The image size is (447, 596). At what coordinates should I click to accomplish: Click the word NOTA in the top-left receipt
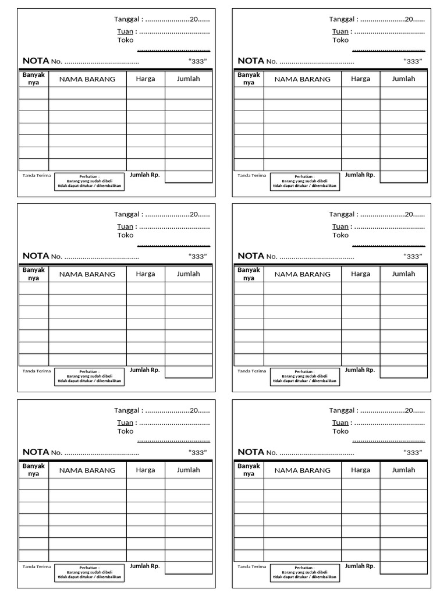click(36, 61)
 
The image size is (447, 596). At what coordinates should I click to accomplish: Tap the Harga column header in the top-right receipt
click(360, 79)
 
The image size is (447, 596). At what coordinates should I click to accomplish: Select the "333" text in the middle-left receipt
click(198, 256)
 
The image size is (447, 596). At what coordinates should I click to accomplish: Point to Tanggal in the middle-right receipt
click(342, 215)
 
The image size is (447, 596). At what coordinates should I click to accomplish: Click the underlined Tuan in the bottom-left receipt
click(125, 423)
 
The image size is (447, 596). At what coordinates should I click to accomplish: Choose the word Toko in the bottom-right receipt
click(340, 431)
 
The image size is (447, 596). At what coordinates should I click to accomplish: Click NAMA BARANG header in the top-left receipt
click(87, 79)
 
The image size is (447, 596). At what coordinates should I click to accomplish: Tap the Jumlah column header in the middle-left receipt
click(189, 274)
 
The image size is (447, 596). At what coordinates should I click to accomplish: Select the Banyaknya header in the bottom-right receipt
click(249, 470)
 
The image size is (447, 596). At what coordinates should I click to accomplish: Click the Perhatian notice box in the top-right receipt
click(305, 182)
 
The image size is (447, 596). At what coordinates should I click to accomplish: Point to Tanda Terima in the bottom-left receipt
click(37, 566)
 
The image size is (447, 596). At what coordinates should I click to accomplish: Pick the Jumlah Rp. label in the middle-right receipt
click(360, 370)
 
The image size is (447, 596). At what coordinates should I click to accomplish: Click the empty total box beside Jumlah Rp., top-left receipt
click(188, 177)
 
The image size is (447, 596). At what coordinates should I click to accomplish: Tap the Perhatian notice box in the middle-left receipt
click(90, 377)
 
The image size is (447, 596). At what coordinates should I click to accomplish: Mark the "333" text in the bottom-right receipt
click(413, 452)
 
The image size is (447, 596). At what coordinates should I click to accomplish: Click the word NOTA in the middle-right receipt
click(251, 256)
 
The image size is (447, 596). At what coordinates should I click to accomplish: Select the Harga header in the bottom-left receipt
click(146, 470)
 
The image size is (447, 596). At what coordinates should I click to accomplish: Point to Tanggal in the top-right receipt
click(342, 19)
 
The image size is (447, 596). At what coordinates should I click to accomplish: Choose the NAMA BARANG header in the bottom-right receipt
click(303, 470)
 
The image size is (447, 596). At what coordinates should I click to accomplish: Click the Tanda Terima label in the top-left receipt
click(37, 175)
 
